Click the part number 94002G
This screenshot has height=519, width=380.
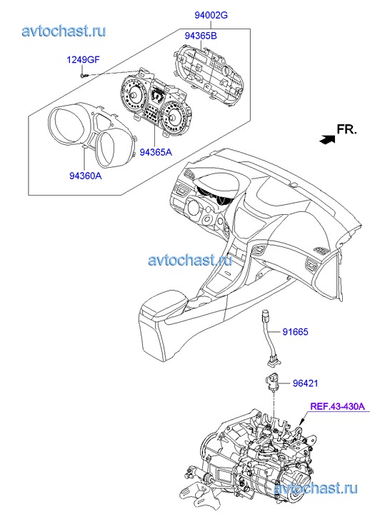[x=211, y=15]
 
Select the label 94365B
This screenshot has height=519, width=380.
[x=201, y=36]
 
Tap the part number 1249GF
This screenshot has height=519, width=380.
[x=83, y=60]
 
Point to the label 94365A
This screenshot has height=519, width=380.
[x=156, y=152]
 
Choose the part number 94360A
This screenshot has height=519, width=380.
[x=86, y=176]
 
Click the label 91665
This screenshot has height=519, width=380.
[x=295, y=331]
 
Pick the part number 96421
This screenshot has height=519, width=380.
[x=305, y=383]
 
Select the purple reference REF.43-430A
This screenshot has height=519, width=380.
[x=337, y=405]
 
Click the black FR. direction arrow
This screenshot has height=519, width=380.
[x=327, y=139]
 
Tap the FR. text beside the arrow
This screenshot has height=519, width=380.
[x=347, y=129]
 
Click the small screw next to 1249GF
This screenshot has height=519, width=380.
[x=84, y=76]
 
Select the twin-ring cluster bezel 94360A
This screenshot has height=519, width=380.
[x=91, y=132]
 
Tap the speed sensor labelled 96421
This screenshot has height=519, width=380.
[x=272, y=383]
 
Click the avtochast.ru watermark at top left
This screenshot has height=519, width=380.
[x=64, y=31]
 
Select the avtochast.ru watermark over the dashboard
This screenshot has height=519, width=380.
[x=190, y=261]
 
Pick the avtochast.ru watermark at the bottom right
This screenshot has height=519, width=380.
[x=316, y=488]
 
